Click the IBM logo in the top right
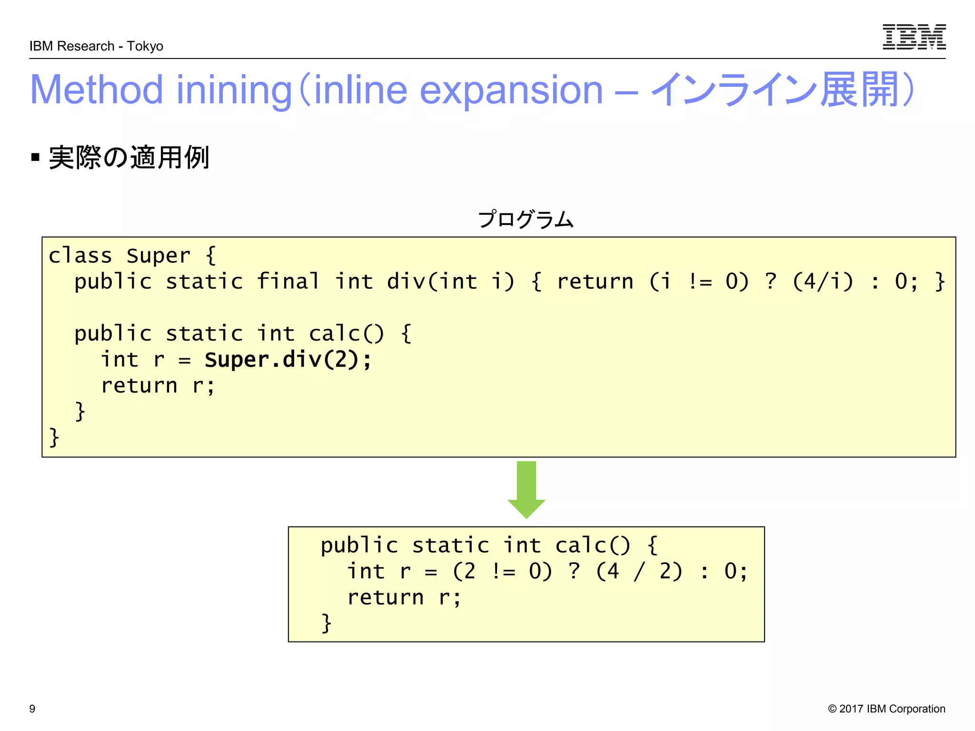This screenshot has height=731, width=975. pos(914,37)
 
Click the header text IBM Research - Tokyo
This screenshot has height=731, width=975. pos(96,46)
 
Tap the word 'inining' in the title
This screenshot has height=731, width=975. pos(234,90)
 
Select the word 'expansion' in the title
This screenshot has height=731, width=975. pos(511,90)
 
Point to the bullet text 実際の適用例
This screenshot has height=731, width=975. pos(129,158)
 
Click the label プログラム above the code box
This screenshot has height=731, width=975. pos(526,219)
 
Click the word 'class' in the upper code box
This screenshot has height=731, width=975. pos(80,256)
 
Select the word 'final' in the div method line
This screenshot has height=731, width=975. pos(288,281)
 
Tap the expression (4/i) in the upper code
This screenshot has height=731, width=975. pos(822,281)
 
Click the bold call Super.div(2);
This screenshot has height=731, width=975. pos(288,359)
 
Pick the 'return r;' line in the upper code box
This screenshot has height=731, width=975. pos(158,385)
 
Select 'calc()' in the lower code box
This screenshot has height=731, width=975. pos(592,545)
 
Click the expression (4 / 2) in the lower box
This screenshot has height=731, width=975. pos(639,571)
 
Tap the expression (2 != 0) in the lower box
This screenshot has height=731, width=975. pos(502,571)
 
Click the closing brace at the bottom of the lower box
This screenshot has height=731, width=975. pos(326,623)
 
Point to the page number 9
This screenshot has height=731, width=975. pos(32,709)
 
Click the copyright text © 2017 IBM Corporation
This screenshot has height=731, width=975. pos(886,709)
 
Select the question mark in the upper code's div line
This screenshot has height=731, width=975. pos(770,281)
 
